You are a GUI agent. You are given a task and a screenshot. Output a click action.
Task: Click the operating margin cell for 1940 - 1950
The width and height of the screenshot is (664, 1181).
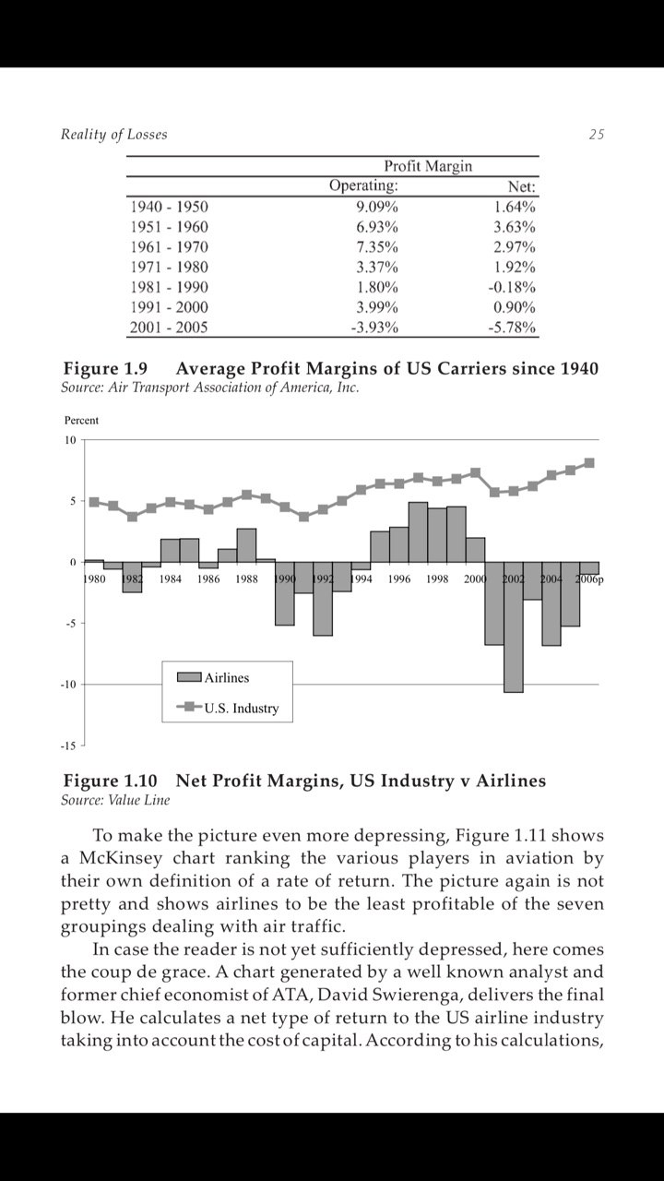pyautogui.click(x=377, y=207)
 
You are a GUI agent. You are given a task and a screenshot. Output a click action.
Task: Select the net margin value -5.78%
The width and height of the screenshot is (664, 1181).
pyautogui.click(x=511, y=328)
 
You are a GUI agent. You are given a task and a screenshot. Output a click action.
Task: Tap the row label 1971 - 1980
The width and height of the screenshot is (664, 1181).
pyautogui.click(x=169, y=267)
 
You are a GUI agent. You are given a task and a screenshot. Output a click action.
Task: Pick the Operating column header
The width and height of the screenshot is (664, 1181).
pyautogui.click(x=363, y=185)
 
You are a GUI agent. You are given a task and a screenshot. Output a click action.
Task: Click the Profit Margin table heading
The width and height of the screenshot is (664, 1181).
pyautogui.click(x=428, y=166)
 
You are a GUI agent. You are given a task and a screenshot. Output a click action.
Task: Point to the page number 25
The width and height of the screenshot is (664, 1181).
pyautogui.click(x=596, y=135)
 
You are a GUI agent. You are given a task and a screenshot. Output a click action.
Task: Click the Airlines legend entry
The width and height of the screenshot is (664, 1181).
pyautogui.click(x=213, y=677)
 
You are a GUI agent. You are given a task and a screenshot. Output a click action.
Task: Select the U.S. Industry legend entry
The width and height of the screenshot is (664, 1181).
pyautogui.click(x=228, y=708)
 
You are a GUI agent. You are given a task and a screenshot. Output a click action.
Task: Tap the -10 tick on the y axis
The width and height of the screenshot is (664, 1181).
pyautogui.click(x=68, y=685)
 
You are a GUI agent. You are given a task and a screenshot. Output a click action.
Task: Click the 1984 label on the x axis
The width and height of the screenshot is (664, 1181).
pyautogui.click(x=171, y=579)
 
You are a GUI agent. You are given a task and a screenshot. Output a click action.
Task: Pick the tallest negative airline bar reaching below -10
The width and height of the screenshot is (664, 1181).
pyautogui.click(x=514, y=626)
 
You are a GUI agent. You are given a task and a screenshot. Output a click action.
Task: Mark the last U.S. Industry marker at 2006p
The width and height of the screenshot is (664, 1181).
pyautogui.click(x=589, y=463)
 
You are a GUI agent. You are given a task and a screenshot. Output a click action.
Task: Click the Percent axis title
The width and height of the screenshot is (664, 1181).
pyautogui.click(x=81, y=420)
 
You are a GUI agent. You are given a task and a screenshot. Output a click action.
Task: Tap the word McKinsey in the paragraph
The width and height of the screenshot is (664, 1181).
pyautogui.click(x=121, y=858)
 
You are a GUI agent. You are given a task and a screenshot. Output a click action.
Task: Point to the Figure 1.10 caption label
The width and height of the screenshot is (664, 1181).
pyautogui.click(x=110, y=781)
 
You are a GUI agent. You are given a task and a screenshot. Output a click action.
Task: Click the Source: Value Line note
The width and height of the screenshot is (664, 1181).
pyautogui.click(x=115, y=800)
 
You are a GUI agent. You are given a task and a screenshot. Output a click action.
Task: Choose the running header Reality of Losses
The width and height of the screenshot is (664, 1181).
pyautogui.click(x=113, y=135)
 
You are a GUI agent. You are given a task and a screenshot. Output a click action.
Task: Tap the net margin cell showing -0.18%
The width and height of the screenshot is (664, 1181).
pyautogui.click(x=511, y=287)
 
